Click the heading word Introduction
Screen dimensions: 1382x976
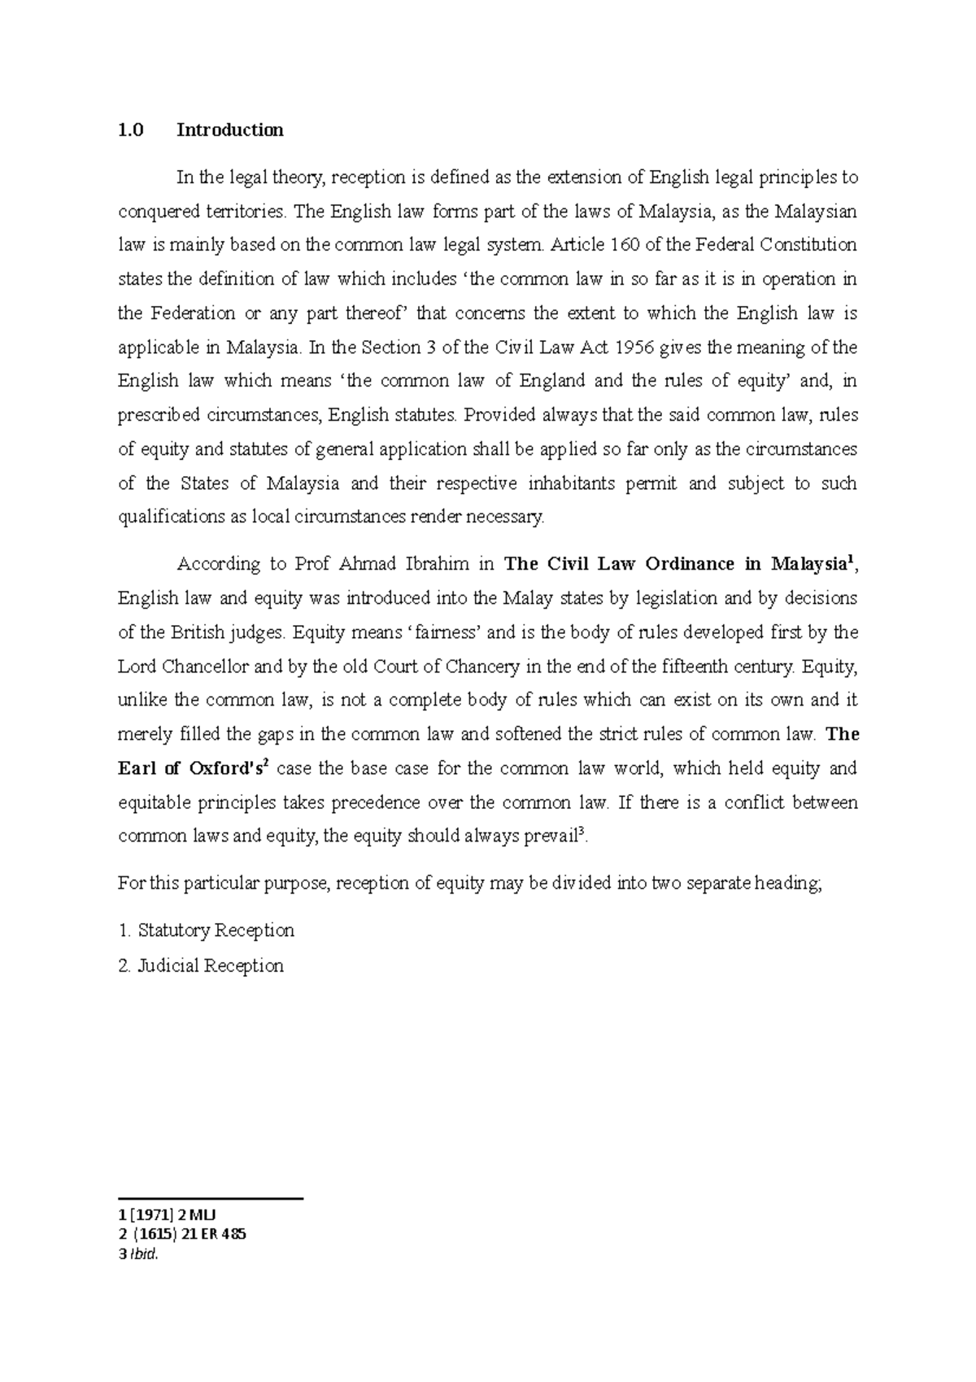(x=230, y=130)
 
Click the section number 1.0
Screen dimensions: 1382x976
(x=130, y=130)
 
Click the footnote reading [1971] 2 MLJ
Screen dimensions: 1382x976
(x=162, y=1217)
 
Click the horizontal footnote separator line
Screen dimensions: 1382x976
(x=210, y=1199)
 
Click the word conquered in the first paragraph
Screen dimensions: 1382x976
(x=159, y=212)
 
